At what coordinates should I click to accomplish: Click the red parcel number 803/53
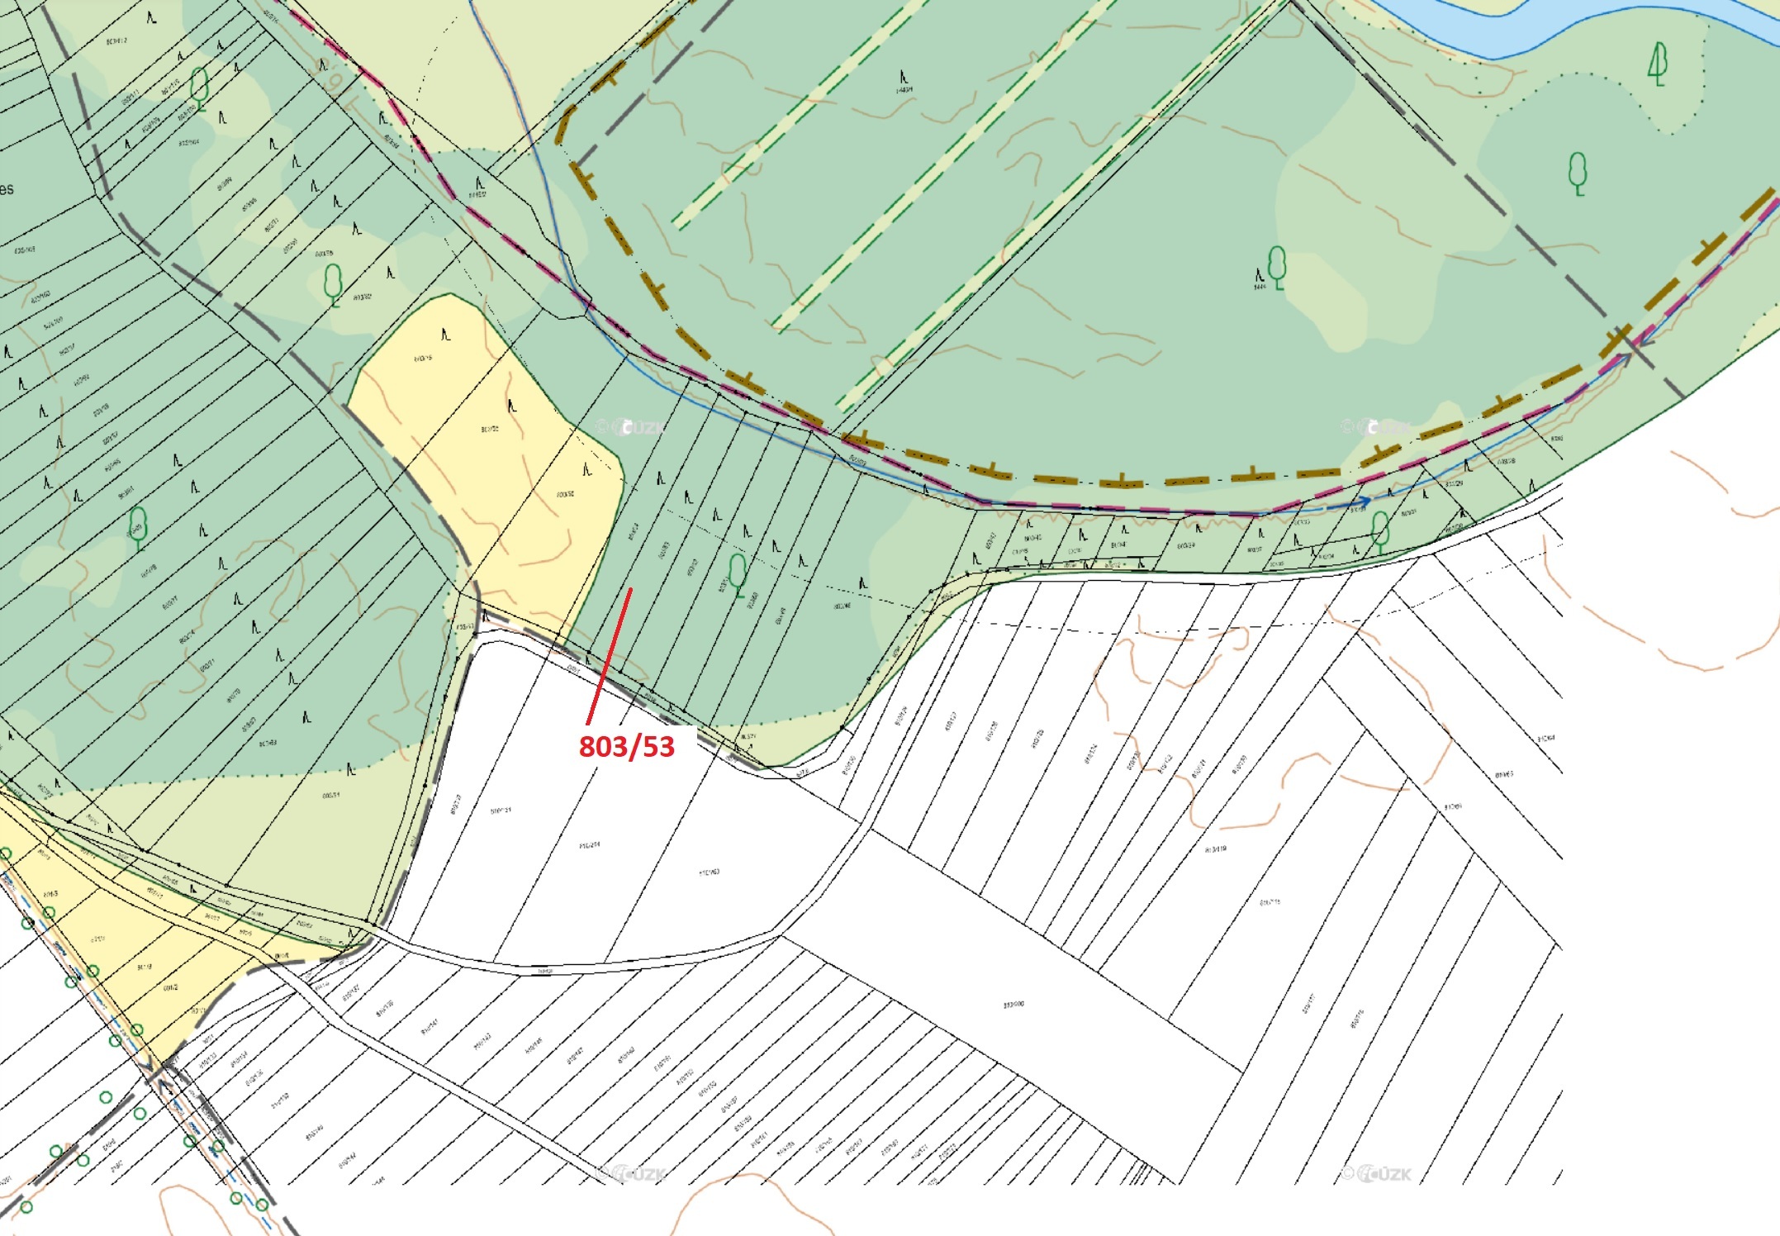(626, 746)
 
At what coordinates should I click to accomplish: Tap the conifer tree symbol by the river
(1657, 64)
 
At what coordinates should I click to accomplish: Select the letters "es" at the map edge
(7, 188)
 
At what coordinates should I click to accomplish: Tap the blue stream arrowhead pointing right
(1365, 501)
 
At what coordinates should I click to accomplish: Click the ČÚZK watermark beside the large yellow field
(632, 427)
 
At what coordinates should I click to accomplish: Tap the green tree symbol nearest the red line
(738, 572)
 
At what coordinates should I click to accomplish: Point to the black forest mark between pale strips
(904, 78)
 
